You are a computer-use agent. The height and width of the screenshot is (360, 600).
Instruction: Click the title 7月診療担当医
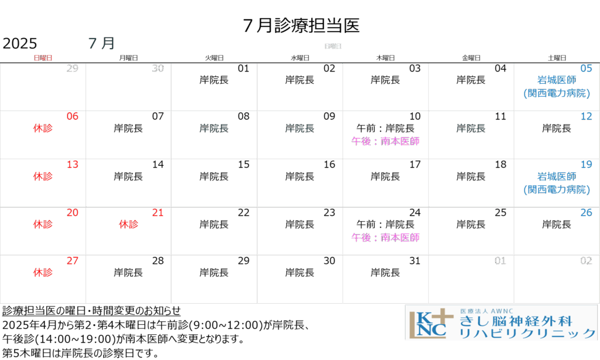coord(301,25)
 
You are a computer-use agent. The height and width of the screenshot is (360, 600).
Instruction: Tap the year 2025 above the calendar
coord(20,43)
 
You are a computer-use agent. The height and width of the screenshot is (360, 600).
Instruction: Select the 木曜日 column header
coord(386,58)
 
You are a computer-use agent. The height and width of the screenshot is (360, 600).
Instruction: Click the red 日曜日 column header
coord(43,58)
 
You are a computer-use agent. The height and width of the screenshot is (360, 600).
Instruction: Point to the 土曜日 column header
coord(557,58)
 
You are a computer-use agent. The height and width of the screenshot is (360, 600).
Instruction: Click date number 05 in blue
coord(586,68)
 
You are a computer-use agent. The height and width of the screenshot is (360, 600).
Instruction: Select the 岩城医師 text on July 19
coord(557,176)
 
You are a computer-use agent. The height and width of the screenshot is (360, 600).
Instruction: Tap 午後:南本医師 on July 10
coord(386,141)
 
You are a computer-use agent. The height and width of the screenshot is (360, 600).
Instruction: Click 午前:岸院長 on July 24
coord(386,224)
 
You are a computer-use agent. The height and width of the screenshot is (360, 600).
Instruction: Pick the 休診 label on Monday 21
coord(128,224)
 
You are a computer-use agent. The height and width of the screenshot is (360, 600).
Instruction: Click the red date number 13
coord(72,164)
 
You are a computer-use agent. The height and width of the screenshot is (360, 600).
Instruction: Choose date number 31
coord(415,260)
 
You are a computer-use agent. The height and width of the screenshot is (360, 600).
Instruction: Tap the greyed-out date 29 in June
coord(72,68)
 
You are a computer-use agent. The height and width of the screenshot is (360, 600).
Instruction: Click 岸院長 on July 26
coord(557,224)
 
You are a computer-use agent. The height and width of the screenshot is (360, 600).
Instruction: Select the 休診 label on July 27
coord(43,272)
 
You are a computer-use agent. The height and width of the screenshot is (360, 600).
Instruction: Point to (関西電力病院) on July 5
coord(557,93)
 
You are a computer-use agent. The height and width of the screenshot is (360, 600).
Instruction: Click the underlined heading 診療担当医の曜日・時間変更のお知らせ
coord(91,311)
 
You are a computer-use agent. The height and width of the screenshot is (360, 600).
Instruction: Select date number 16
coord(329,164)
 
